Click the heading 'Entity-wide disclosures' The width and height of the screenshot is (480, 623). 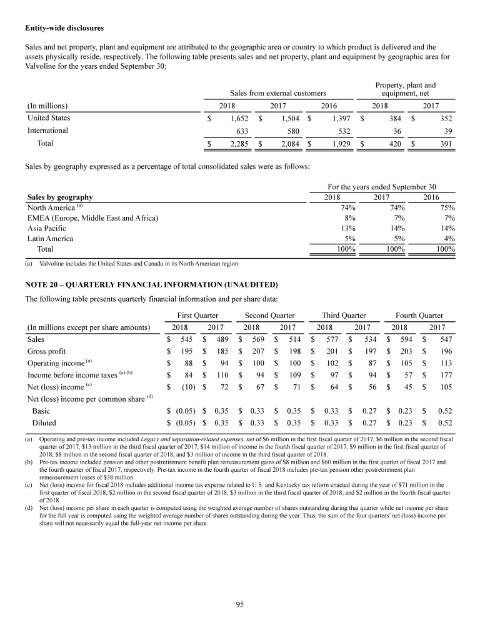click(63, 28)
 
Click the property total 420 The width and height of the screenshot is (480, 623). click(392, 144)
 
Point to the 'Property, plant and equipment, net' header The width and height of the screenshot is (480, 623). click(406, 89)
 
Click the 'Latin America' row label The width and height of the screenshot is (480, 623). click(50, 238)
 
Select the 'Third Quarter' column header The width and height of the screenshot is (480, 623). click(343, 316)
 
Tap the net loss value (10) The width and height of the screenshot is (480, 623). click(186, 387)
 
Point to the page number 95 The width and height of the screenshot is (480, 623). click(240, 603)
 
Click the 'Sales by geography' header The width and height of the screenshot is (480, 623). click(60, 197)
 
